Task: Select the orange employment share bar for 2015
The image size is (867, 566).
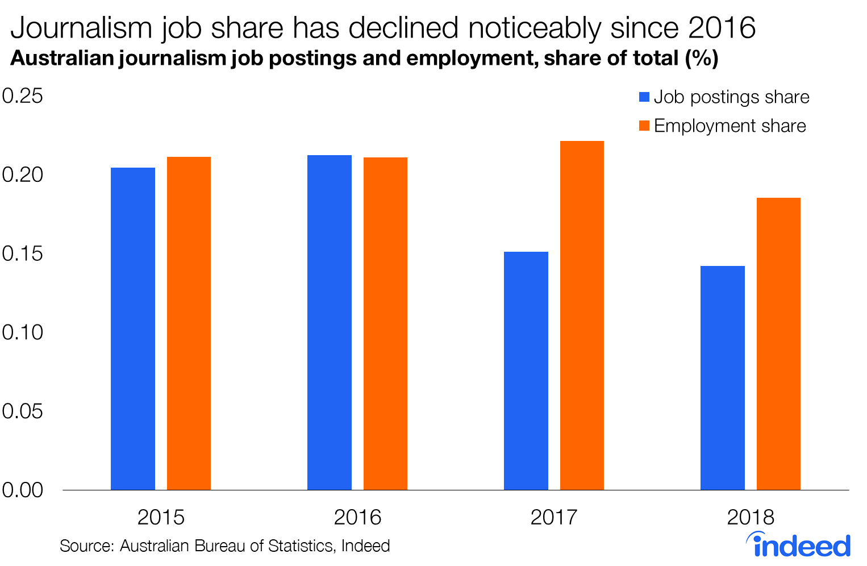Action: click(x=189, y=323)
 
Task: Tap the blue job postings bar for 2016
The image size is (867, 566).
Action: click(x=330, y=322)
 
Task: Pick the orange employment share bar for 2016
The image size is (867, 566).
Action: click(x=385, y=323)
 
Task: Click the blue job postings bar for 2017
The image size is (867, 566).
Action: click(x=526, y=371)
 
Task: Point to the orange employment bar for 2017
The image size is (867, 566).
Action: click(x=582, y=315)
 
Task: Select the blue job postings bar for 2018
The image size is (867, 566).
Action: click(x=723, y=378)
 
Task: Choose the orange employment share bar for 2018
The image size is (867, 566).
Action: click(x=778, y=344)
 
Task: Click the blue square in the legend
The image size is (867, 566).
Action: click(x=644, y=97)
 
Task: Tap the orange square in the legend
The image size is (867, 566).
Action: click(x=644, y=126)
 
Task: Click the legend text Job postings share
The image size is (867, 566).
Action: click(x=731, y=97)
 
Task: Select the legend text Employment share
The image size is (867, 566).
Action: click(x=730, y=126)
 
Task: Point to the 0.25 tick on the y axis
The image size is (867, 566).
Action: click(x=23, y=96)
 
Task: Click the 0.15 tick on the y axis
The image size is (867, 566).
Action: click(x=23, y=253)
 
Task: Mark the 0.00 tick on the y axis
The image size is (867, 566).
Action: click(x=23, y=490)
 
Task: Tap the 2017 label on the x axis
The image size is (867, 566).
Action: click(x=553, y=517)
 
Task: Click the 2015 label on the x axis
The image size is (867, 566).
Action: click(x=161, y=517)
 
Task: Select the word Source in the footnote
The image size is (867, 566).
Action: click(x=87, y=546)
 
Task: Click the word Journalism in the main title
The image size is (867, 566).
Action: click(x=82, y=28)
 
